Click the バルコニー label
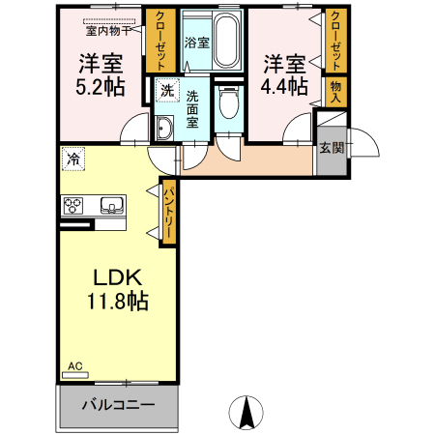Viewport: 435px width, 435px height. (118, 403)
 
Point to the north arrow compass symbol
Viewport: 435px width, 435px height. (246, 413)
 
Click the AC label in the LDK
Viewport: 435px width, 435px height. (75, 367)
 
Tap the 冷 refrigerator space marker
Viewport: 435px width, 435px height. (72, 156)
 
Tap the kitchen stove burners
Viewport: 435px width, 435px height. (75, 205)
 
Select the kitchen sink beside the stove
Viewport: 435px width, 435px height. (109, 205)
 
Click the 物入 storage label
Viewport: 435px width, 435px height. (335, 93)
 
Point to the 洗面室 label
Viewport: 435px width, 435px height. (192, 109)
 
